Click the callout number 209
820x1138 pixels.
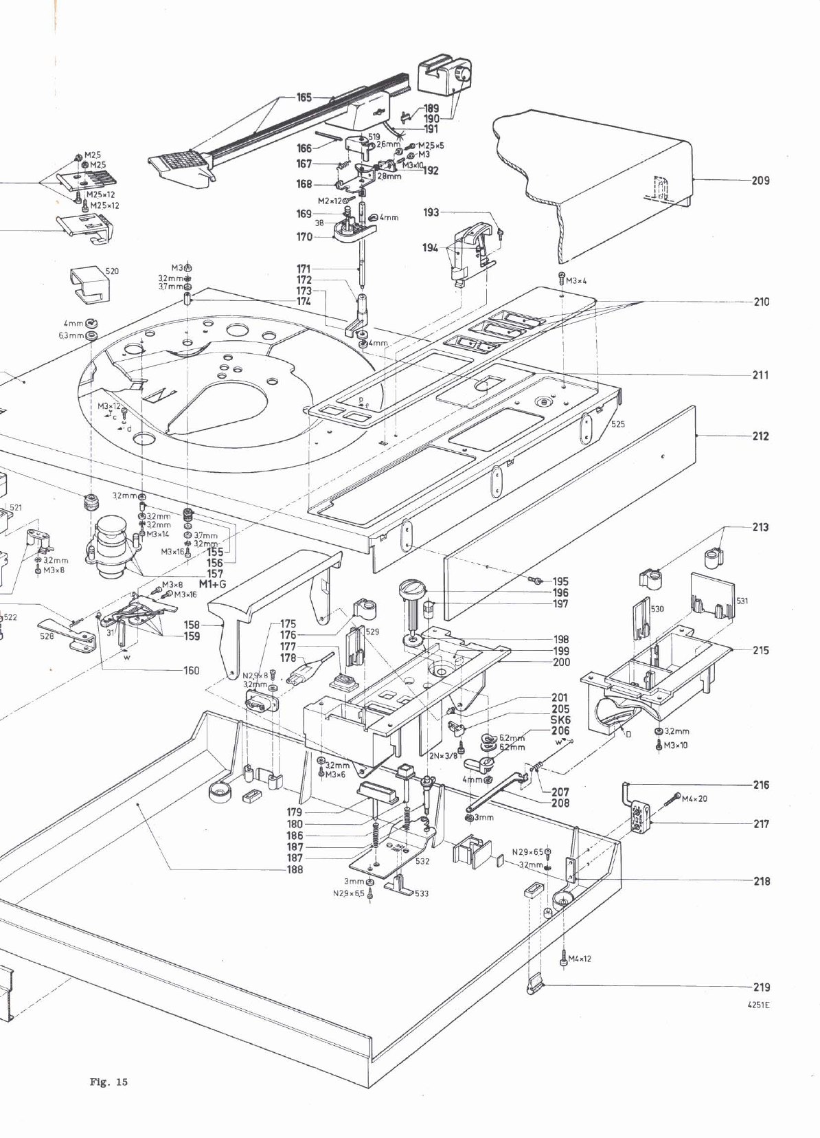tap(760, 181)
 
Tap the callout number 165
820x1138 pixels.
tap(304, 97)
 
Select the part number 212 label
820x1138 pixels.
tap(760, 436)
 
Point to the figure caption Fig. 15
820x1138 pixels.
tap(109, 1082)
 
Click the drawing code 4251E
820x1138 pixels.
tap(758, 1004)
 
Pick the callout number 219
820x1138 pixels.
tap(761, 987)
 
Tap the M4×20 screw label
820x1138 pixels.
tap(694, 798)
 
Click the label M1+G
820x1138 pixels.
tap(212, 584)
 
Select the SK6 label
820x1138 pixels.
tap(560, 719)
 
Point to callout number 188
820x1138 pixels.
tap(295, 869)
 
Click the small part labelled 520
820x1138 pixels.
tap(89, 284)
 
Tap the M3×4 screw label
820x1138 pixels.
tap(576, 280)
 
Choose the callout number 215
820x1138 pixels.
tap(760, 650)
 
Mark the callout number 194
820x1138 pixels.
tap(430, 247)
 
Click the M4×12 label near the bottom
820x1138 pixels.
tap(580, 959)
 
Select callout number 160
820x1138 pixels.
tap(191, 670)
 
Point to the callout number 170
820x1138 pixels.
tap(304, 236)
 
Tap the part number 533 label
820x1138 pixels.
tap(421, 893)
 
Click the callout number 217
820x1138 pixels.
tap(761, 823)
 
